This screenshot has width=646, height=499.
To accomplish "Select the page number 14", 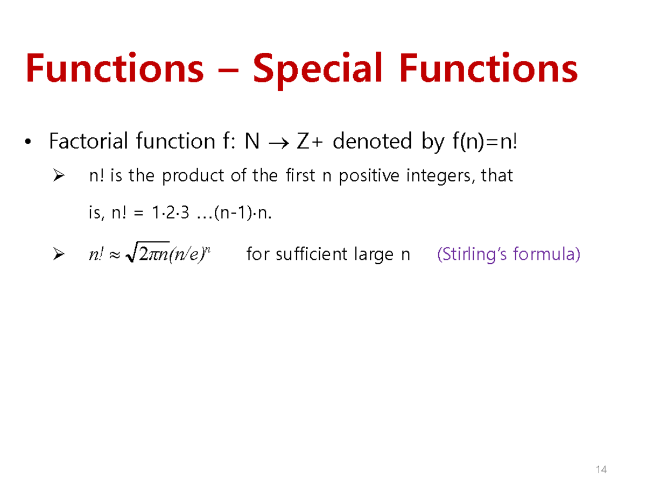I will tap(601, 470).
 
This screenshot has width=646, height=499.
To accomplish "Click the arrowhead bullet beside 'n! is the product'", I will tap(59, 176).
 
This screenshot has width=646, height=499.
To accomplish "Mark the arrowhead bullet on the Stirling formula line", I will tap(59, 254).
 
